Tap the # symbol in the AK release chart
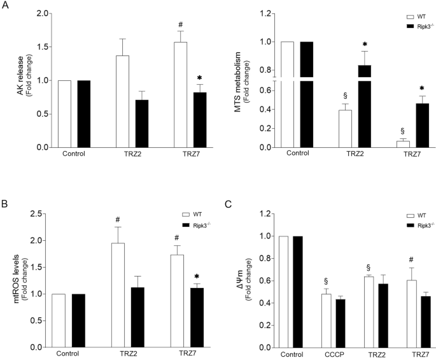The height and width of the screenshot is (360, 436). [x=185, y=23]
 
